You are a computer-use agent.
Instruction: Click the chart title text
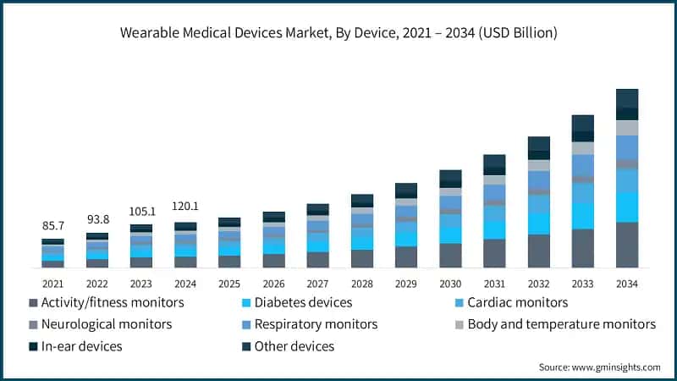point(338,32)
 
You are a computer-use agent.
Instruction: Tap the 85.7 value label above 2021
point(52,227)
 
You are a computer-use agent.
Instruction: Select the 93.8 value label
point(96,219)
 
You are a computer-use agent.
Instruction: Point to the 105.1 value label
point(140,211)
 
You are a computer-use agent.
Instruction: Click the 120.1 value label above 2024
point(184,206)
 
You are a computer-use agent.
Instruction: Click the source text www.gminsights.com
point(599,367)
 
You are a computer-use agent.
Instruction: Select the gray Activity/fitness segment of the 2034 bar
point(626,245)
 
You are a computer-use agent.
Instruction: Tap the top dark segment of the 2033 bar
point(582,124)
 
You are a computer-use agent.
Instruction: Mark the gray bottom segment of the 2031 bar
point(494,253)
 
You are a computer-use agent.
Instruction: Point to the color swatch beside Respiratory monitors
point(246,325)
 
